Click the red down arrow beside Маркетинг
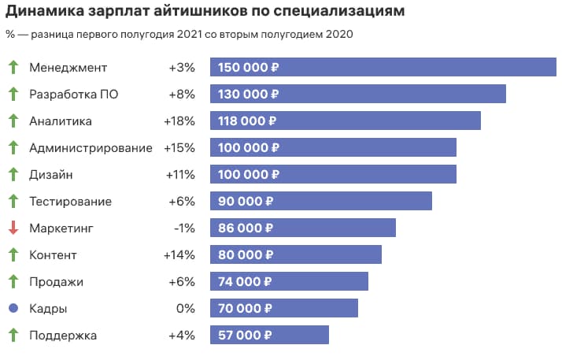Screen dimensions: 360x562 point(13,228)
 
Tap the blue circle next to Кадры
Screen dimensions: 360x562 point(13,309)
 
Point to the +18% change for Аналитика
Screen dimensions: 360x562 point(179,121)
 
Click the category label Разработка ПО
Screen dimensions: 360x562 point(74,95)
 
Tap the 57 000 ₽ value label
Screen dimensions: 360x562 point(244,336)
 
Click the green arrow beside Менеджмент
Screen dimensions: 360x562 point(13,68)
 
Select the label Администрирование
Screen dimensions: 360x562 point(91,148)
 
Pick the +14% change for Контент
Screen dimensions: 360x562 point(179,255)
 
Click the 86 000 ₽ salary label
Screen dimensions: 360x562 point(244,228)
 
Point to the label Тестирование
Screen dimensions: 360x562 point(70,202)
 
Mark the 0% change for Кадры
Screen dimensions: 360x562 point(185,309)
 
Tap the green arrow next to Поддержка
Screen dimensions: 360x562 point(13,336)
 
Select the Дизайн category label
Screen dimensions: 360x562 point(51,175)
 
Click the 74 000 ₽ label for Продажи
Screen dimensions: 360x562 point(244,282)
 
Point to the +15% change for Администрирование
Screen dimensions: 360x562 point(179,148)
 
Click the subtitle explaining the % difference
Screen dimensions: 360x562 point(179,34)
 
